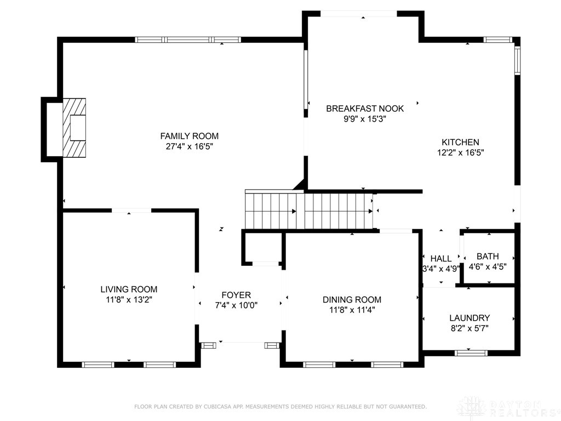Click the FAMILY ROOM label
pyautogui.click(x=189, y=136)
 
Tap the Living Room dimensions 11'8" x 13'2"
pyautogui.click(x=129, y=300)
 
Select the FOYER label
pyautogui.click(x=236, y=295)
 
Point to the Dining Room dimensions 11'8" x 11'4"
pyautogui.click(x=352, y=310)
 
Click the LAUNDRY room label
pyautogui.click(x=469, y=318)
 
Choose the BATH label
pyautogui.click(x=488, y=256)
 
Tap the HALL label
pyautogui.click(x=441, y=258)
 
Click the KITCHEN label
pyautogui.click(x=460, y=142)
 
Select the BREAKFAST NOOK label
pyautogui.click(x=365, y=109)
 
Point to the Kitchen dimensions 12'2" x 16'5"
pyautogui.click(x=460, y=153)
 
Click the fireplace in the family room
pyautogui.click(x=73, y=128)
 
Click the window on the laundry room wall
pyautogui.click(x=471, y=352)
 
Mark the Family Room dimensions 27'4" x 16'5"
pyautogui.click(x=189, y=147)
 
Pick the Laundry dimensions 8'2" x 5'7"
pyautogui.click(x=469, y=329)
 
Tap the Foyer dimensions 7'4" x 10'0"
pyautogui.click(x=236, y=306)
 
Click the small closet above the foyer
pyautogui.click(x=262, y=248)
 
